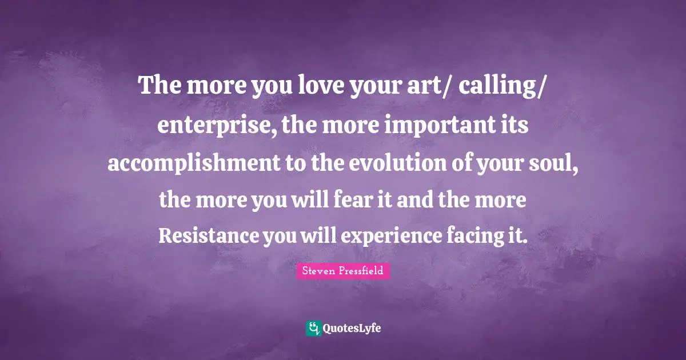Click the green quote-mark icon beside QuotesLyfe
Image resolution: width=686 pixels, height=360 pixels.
tap(313, 328)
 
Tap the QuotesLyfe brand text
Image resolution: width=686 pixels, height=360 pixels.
tap(352, 329)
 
